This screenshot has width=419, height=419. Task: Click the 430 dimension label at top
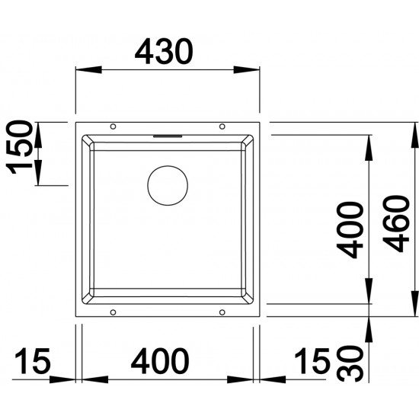click(x=164, y=52)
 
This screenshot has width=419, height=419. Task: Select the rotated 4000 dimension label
click(x=350, y=230)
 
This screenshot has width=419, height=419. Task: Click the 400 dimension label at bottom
click(x=160, y=361)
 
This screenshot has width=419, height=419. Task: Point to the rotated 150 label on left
click(x=20, y=147)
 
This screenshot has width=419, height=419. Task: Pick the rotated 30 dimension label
click(x=350, y=363)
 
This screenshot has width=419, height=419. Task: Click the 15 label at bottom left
click(x=33, y=361)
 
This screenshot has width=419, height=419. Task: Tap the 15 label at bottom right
click(x=312, y=361)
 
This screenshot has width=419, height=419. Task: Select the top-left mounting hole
click(x=113, y=126)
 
